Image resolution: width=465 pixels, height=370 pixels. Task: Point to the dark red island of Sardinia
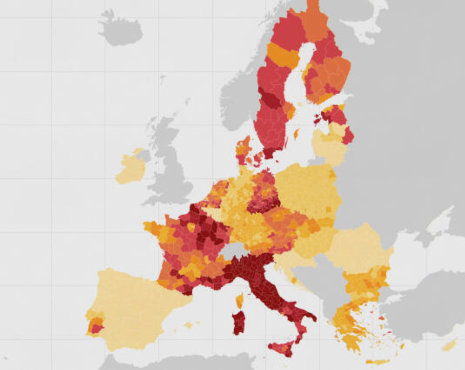238,322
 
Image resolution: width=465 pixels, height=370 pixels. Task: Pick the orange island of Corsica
240,300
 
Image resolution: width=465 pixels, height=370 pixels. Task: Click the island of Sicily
282,348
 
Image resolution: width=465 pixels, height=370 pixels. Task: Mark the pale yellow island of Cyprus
450,346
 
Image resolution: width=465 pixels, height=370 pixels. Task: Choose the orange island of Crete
378,362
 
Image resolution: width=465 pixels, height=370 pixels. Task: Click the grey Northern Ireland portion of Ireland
144,155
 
